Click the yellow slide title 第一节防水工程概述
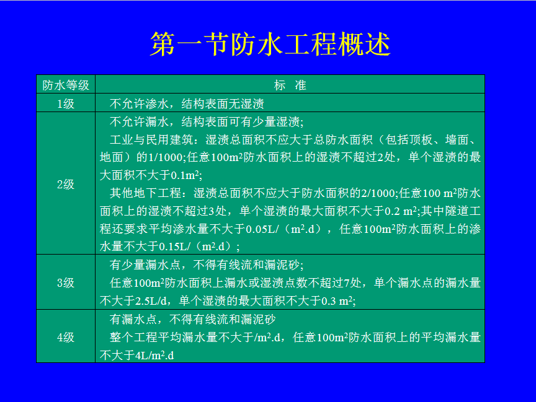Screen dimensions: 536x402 pyautogui.click(x=270, y=44)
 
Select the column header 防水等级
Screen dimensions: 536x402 pyautogui.click(x=66, y=85)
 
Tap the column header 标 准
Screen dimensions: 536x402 pyautogui.click(x=290, y=85)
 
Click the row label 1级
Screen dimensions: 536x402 pyautogui.click(x=66, y=103)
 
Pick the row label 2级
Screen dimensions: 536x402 pyautogui.click(x=66, y=185)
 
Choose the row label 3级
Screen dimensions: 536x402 pyautogui.click(x=66, y=282)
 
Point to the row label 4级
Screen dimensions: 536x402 pyautogui.click(x=66, y=337)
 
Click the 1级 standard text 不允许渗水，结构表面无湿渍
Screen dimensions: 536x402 pyautogui.click(x=187, y=103)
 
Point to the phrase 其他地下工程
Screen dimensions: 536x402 pyautogui.click(x=145, y=193)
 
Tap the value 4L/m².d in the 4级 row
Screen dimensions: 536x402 pyautogui.click(x=154, y=356)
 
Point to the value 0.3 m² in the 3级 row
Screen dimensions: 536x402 pyautogui.click(x=337, y=301)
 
